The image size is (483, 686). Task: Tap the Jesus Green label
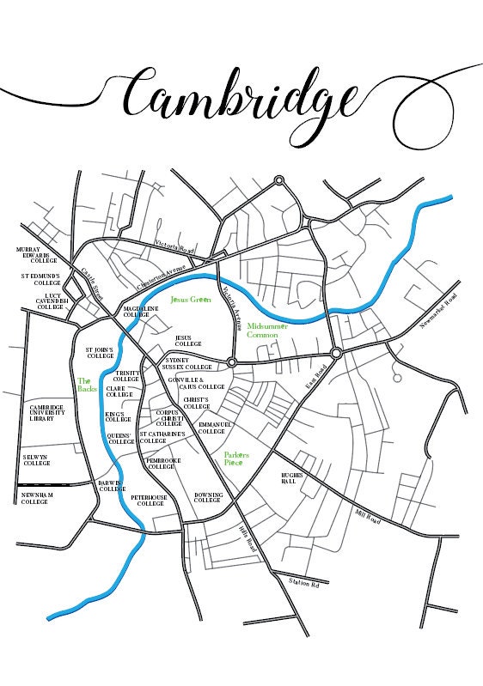(x=190, y=300)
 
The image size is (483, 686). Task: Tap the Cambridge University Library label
(x=43, y=413)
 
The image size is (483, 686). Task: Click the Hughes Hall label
(x=295, y=478)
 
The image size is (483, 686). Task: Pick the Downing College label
(x=208, y=498)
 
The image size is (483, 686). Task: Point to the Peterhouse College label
(x=147, y=501)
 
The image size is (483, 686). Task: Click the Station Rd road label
(x=304, y=583)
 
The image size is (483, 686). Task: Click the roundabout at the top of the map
(x=278, y=180)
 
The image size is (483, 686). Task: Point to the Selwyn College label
(x=36, y=460)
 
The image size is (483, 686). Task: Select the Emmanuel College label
(x=211, y=427)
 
